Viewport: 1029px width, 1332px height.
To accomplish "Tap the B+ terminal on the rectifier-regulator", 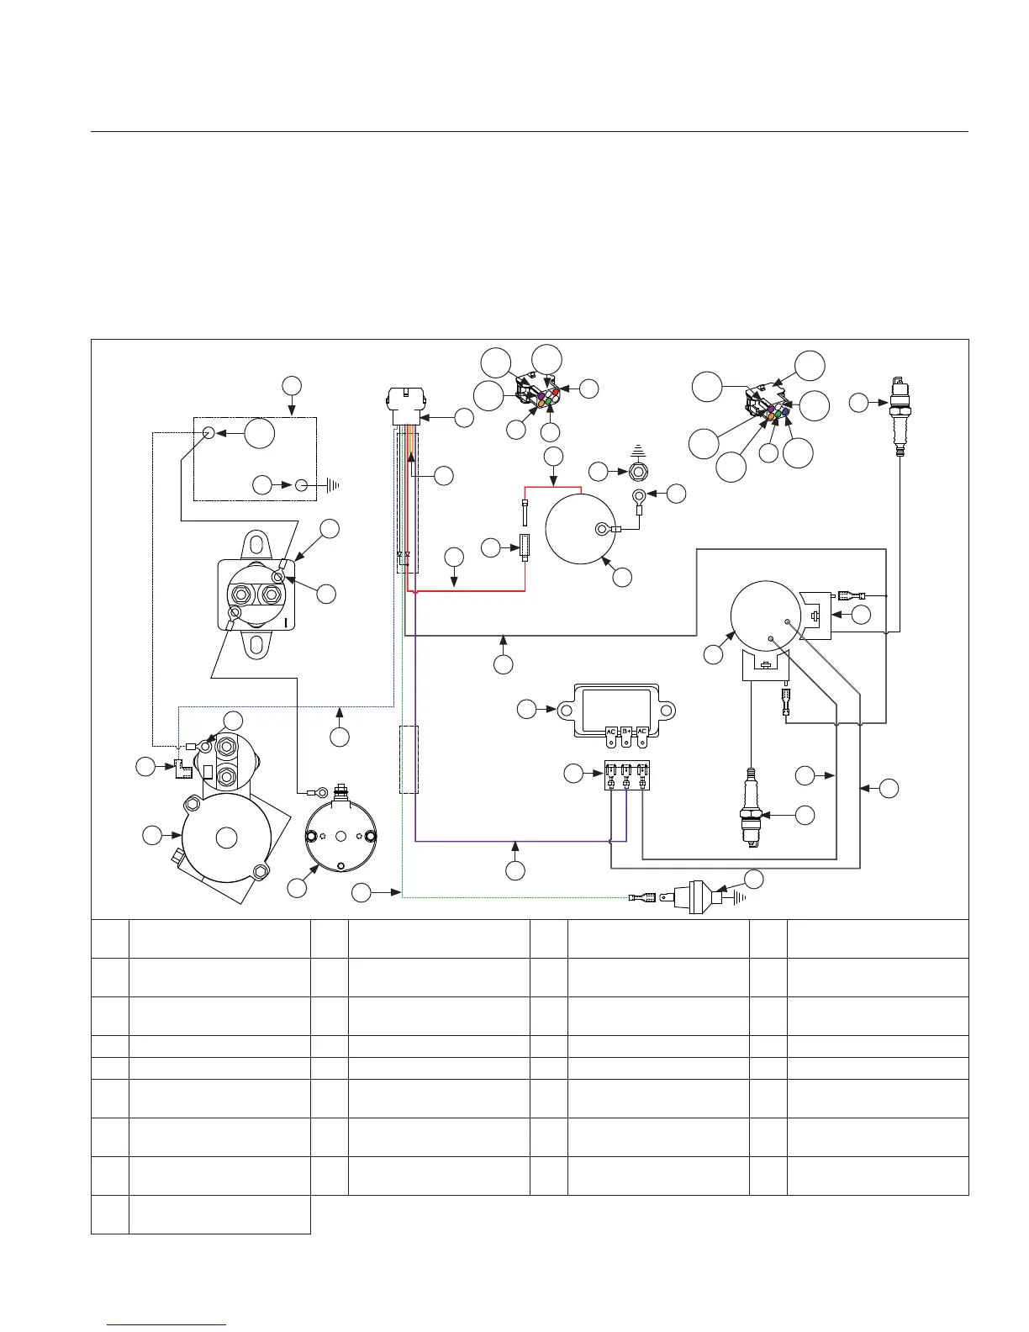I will click(x=626, y=732).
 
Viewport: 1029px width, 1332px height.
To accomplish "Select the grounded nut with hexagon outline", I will click(x=638, y=472).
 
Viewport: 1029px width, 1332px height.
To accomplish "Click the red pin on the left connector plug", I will click(x=556, y=393).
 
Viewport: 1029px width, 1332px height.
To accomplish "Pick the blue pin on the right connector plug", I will click(x=786, y=412).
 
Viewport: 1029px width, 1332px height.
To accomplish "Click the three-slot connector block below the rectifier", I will click(x=627, y=775).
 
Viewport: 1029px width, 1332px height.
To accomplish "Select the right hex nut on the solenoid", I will click(x=271, y=595).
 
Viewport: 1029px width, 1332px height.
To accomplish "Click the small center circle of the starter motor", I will click(x=225, y=838).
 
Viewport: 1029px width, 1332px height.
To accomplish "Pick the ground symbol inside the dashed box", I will click(x=328, y=485).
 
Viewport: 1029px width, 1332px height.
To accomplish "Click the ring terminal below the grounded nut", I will click(x=639, y=496).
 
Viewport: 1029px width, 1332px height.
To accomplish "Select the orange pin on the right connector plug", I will click(x=771, y=415).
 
